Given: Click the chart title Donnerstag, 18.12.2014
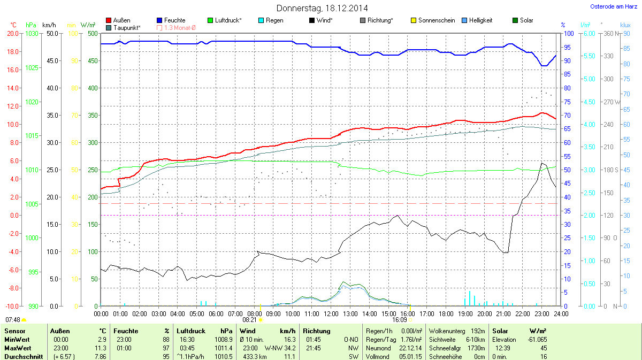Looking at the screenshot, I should point(322,8).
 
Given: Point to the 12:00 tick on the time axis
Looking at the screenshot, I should point(331,313).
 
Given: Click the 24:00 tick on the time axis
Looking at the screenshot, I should point(561,313).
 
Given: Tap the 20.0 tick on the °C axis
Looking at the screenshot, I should point(13,33).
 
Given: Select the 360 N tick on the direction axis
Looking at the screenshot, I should point(610,33).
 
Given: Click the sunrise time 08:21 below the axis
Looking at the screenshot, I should point(249,320).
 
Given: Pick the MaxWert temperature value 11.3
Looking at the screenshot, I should point(100,348).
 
